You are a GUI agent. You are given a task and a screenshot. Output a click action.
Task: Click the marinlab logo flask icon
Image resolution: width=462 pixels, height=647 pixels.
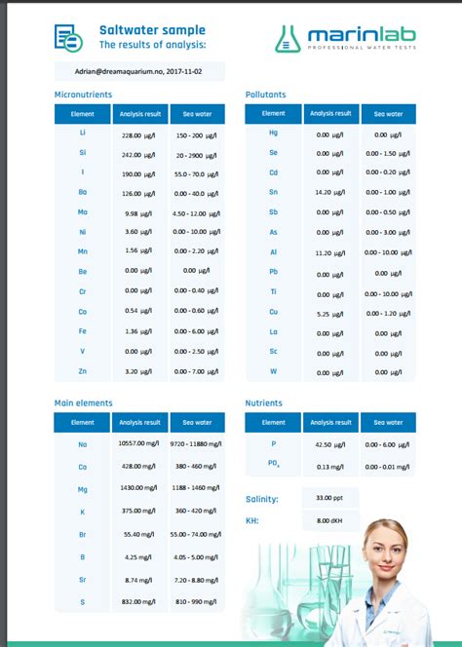pyautogui.click(x=289, y=38)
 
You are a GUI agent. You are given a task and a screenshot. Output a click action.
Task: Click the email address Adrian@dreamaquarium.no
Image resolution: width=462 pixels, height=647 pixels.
pyautogui.click(x=139, y=71)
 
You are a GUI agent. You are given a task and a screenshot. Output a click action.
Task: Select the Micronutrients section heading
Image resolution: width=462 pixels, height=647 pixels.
pyautogui.click(x=83, y=95)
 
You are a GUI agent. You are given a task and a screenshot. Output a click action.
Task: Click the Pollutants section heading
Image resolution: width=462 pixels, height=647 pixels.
pyautogui.click(x=265, y=95)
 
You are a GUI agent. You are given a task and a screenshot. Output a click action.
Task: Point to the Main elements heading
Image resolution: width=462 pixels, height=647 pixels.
pyautogui.click(x=83, y=402)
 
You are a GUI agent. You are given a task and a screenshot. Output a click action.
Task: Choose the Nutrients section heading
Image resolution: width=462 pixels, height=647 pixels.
pyautogui.click(x=264, y=402)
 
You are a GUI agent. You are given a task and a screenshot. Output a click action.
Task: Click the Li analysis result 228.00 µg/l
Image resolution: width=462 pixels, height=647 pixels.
pyautogui.click(x=137, y=135)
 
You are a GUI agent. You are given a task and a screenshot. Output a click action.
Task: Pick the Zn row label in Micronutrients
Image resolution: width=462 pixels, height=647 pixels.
pyautogui.click(x=83, y=371)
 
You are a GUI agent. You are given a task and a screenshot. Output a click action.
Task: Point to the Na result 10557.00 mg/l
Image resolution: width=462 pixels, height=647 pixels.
pyautogui.click(x=137, y=443)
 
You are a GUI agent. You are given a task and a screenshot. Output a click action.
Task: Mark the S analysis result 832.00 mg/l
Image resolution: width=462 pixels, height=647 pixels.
pyautogui.click(x=137, y=602)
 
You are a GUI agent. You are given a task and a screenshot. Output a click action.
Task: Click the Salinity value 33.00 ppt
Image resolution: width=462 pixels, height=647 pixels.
pyautogui.click(x=328, y=499)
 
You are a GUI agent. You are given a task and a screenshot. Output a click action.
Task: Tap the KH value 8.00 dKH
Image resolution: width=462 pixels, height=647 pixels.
pyautogui.click(x=328, y=521)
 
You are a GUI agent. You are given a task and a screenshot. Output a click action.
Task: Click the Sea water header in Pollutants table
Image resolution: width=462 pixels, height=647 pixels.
pyautogui.click(x=388, y=114)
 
